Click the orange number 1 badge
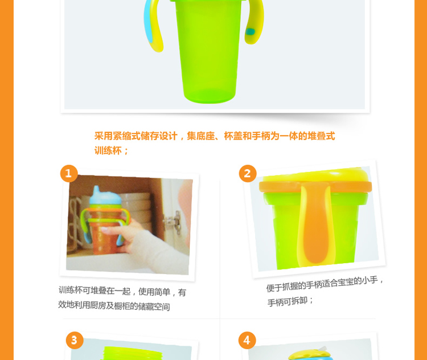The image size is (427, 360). [x=69, y=173]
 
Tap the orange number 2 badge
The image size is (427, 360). [x=248, y=173]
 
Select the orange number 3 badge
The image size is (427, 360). [x=75, y=340]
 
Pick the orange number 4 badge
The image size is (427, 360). [x=247, y=340]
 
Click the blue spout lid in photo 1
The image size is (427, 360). [x=105, y=196]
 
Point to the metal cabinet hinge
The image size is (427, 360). [x=173, y=222]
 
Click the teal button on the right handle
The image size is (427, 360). [x=251, y=31]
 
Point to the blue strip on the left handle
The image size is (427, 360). [x=149, y=22]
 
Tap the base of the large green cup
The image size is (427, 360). [x=209, y=96]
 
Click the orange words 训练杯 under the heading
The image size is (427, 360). [x=108, y=150]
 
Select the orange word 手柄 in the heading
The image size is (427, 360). [x=261, y=136]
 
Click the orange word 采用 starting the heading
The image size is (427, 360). [x=104, y=136]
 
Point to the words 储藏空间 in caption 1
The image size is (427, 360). [x=154, y=306]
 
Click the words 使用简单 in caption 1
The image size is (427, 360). [x=154, y=292]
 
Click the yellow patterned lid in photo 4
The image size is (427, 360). [x=307, y=354]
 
